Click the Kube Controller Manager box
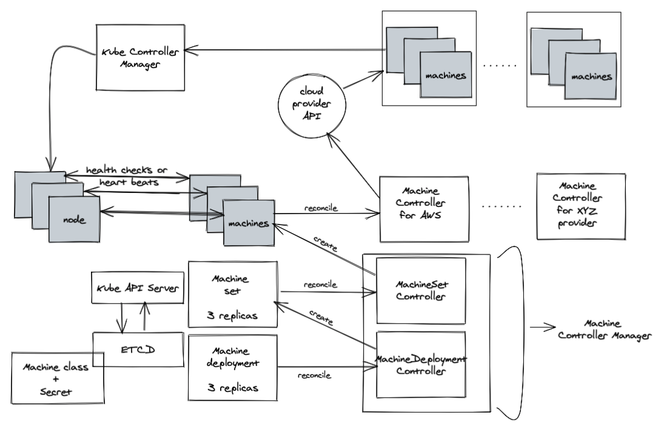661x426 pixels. [x=140, y=58]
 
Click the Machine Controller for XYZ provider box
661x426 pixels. [x=580, y=206]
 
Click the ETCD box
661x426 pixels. [x=138, y=350]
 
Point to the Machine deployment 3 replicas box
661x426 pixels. [x=233, y=368]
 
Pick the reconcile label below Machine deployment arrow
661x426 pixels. [x=314, y=376]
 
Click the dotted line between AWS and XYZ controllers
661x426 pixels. [x=502, y=207]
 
